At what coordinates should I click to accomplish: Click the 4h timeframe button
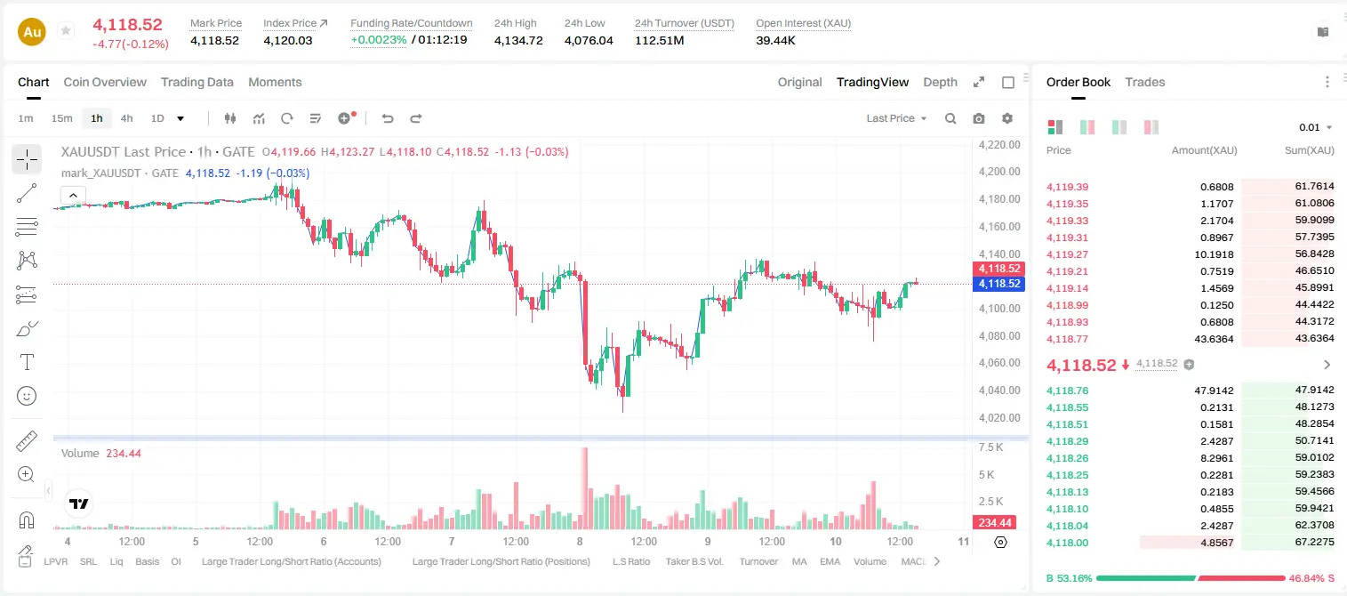(x=126, y=118)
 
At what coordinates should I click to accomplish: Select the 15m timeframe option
(x=62, y=118)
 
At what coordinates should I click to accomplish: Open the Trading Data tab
(x=196, y=82)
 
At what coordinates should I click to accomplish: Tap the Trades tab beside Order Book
(x=1145, y=82)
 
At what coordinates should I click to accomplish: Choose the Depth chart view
(x=940, y=82)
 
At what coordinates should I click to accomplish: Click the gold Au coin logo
(x=32, y=32)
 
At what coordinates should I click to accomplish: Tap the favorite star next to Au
(x=66, y=30)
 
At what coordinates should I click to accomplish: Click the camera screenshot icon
(x=979, y=118)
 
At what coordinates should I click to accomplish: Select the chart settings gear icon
(x=1007, y=118)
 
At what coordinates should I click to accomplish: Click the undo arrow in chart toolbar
(x=388, y=118)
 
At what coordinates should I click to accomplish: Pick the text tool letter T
(x=27, y=362)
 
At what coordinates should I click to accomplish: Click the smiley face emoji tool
(x=27, y=396)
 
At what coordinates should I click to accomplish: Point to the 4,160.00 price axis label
(x=999, y=227)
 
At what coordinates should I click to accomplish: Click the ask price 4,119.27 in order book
(x=1068, y=254)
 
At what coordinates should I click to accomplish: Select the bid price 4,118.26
(x=1068, y=458)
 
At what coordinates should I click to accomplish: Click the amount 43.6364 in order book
(x=1214, y=339)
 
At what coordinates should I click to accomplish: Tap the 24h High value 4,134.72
(x=518, y=40)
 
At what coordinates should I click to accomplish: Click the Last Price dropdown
(x=896, y=118)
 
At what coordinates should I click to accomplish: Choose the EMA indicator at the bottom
(x=830, y=561)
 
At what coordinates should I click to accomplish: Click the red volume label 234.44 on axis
(x=995, y=523)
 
